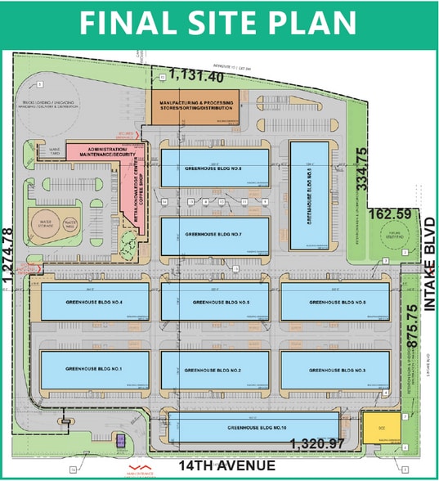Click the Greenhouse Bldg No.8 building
tap(214, 169)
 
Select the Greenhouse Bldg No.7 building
tap(214, 236)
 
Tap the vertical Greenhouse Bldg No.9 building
tap(309, 195)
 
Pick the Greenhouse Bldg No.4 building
tap(90, 303)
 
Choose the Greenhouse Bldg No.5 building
tap(214, 303)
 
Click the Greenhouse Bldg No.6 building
tap(335, 303)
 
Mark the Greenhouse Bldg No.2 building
tap(214, 370)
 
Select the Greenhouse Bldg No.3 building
tap(335, 370)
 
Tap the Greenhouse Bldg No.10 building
tap(253, 427)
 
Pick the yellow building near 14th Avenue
tap(382, 427)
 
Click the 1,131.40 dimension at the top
tap(196, 77)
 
